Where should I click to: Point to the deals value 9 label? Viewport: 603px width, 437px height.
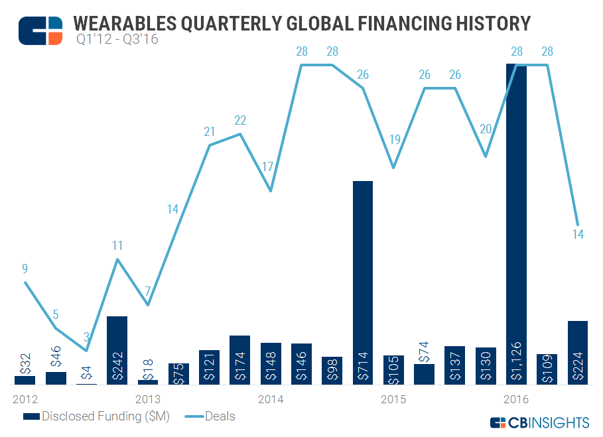(x=25, y=269)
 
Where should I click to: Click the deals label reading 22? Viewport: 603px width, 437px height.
(x=240, y=121)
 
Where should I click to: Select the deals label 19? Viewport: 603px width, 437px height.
(x=393, y=140)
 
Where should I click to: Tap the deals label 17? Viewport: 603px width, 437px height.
(x=268, y=166)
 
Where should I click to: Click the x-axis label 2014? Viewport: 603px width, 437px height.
(x=271, y=400)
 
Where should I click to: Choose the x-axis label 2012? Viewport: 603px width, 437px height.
(x=25, y=400)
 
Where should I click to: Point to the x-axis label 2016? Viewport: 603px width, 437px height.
(x=516, y=400)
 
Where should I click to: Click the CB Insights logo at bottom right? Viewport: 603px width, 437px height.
(x=539, y=422)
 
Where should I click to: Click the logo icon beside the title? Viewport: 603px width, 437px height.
(x=40, y=31)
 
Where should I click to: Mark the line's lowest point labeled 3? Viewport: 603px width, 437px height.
(x=86, y=350)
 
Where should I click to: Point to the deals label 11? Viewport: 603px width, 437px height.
(x=117, y=246)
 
